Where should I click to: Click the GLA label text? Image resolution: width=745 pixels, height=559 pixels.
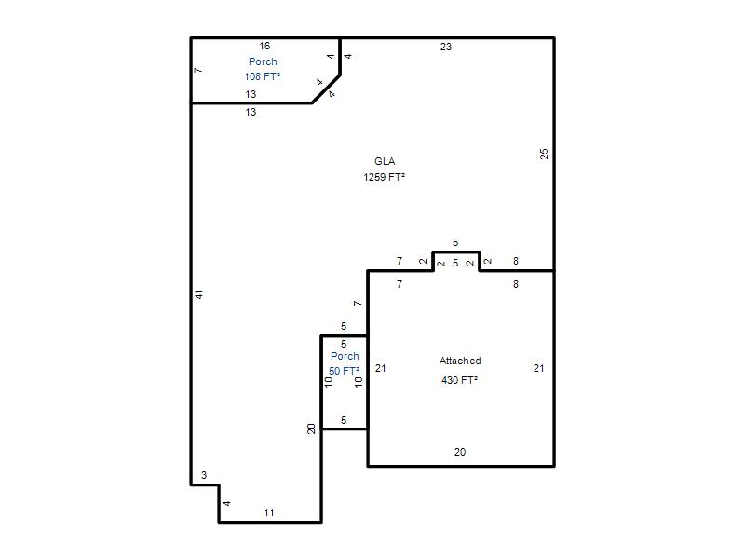pos(385,161)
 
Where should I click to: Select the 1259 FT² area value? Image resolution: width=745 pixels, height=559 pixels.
pos(384,177)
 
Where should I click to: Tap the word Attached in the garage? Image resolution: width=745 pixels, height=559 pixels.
pos(460,361)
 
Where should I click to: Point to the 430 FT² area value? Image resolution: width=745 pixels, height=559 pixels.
pos(459,380)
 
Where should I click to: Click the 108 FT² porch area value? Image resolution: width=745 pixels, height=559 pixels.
pos(263,76)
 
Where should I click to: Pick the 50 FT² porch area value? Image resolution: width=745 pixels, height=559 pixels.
pos(344,371)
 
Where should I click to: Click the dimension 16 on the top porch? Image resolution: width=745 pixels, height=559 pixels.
pos(264,46)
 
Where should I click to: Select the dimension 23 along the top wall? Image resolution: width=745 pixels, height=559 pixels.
pos(446,47)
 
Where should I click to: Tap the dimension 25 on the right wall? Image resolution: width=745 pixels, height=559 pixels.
pos(544,154)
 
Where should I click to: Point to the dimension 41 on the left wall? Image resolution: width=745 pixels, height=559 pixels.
pos(199,294)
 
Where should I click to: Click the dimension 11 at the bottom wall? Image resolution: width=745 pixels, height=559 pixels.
pos(269,512)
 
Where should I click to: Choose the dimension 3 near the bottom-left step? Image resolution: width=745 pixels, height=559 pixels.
pos(204,475)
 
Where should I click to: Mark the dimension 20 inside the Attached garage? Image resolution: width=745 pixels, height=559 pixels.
pos(460,452)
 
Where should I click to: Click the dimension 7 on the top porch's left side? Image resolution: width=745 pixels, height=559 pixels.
pos(198,71)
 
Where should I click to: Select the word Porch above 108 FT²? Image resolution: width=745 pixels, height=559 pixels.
pos(263,61)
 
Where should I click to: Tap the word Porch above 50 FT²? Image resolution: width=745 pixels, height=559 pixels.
pos(345,356)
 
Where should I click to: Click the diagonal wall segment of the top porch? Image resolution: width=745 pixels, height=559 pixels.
pos(326,89)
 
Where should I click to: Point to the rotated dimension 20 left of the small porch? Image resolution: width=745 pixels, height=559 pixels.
pos(311,429)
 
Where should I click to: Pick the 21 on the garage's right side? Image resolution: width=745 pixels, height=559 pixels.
pos(538,368)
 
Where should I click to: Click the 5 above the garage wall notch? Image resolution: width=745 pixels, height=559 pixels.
pos(455,243)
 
